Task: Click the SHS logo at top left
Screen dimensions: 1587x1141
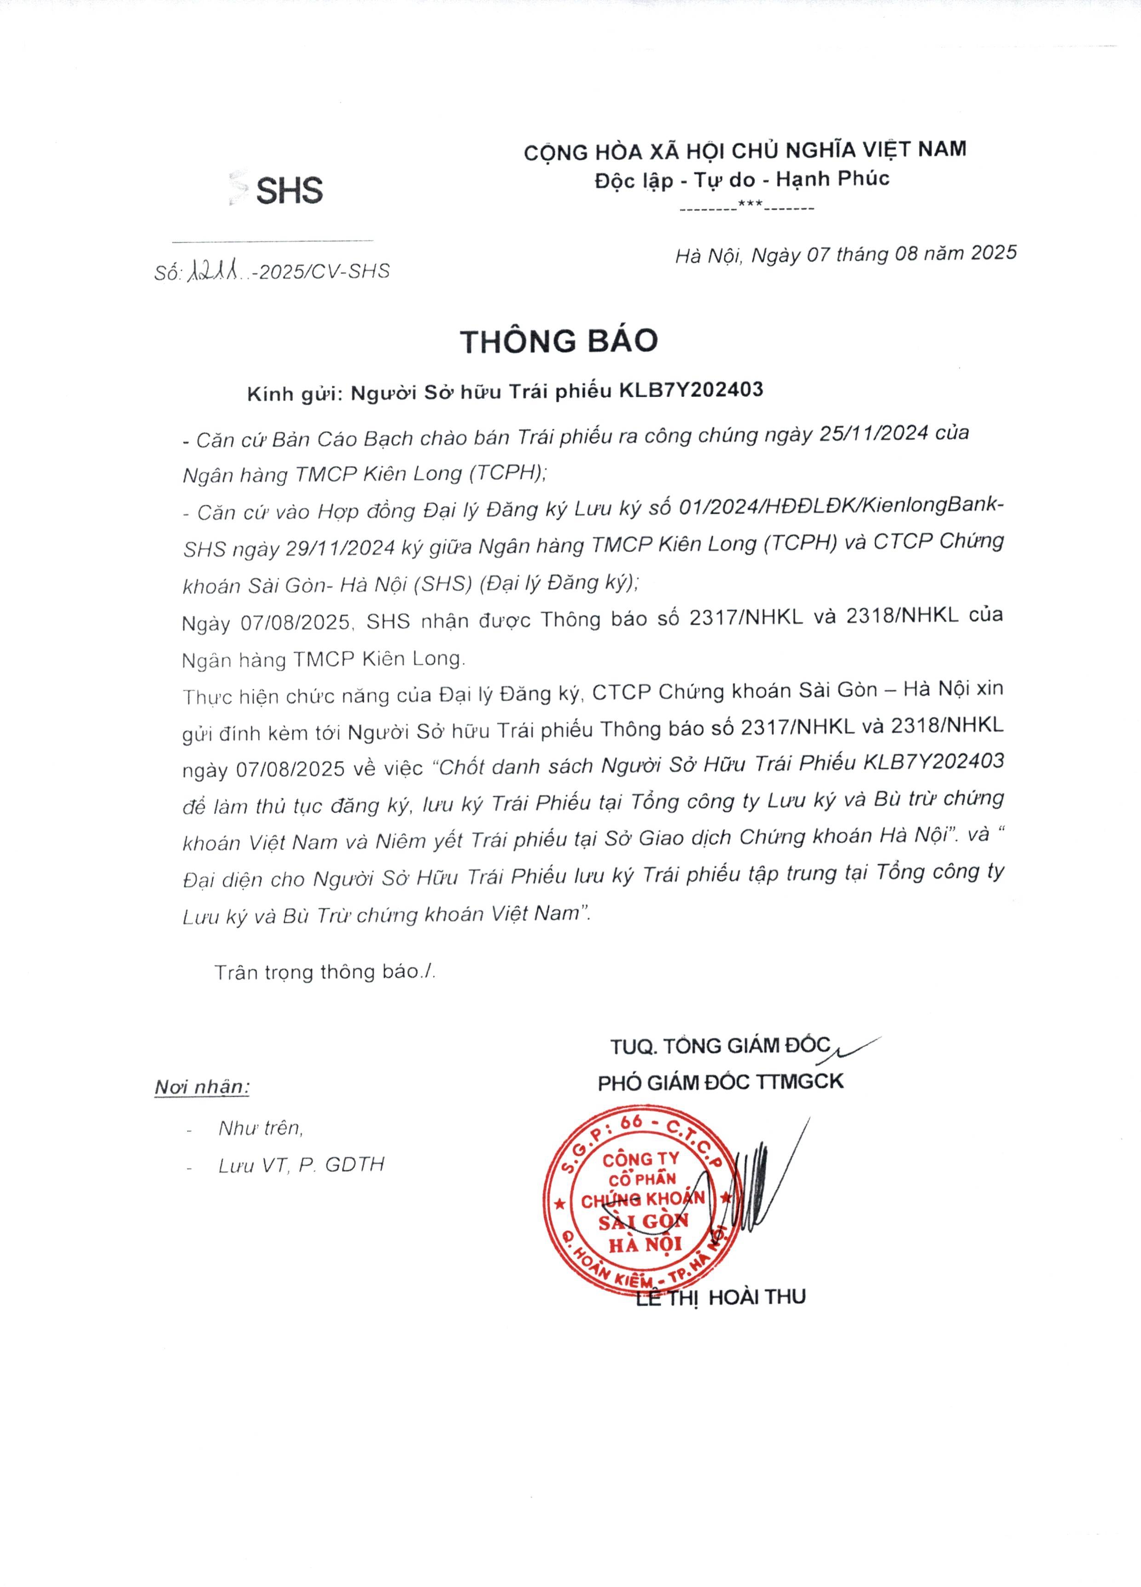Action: (x=278, y=190)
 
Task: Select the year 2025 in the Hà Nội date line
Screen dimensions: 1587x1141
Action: (x=993, y=252)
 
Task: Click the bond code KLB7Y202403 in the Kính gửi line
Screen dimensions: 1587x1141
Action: (x=692, y=390)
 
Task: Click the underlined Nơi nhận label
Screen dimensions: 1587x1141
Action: (x=202, y=1087)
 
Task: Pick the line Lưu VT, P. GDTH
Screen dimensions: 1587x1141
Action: (x=301, y=1165)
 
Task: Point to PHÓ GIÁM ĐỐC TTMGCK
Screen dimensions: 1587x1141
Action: (x=720, y=1082)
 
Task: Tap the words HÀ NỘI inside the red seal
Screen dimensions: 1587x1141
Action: (x=645, y=1244)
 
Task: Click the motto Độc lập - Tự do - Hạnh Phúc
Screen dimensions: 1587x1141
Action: (x=742, y=179)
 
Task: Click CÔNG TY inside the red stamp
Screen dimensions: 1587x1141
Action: (x=640, y=1159)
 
